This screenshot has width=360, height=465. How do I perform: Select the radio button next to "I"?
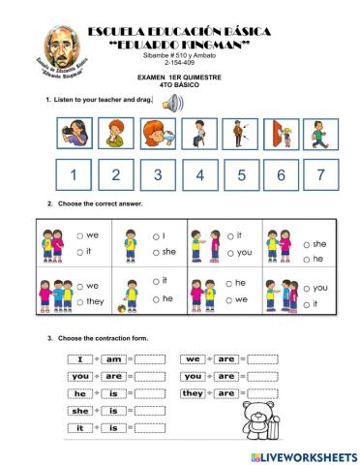[156, 235]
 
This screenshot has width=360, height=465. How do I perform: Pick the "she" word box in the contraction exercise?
[80, 410]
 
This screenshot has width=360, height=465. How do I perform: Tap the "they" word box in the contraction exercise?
[193, 393]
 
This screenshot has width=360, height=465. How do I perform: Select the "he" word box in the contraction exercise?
[80, 393]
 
